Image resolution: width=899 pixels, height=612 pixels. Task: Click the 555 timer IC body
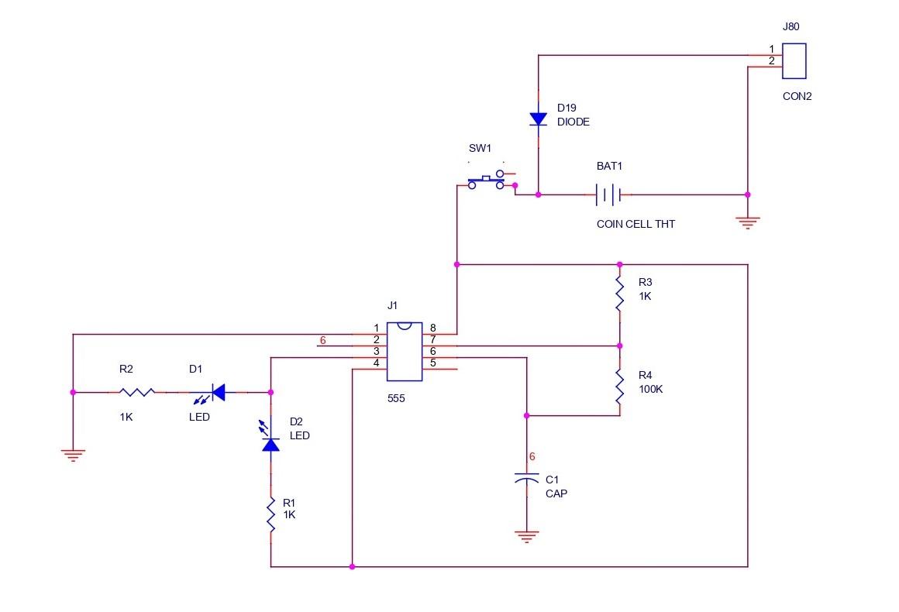pos(404,351)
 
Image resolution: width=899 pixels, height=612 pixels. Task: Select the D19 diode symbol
pos(539,119)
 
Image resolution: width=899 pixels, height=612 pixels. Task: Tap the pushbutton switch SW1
pos(487,181)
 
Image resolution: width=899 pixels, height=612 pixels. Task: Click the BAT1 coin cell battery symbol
pos(608,194)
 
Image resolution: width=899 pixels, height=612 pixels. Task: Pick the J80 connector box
pos(794,61)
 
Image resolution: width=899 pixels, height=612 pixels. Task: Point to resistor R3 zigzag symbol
pos(619,294)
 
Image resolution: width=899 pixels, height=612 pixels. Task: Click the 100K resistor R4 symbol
pos(619,387)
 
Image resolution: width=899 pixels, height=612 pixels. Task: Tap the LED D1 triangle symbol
pos(217,393)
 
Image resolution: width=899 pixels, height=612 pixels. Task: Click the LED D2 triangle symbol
pos(270,443)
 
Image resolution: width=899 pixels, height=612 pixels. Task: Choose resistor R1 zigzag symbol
pos(270,515)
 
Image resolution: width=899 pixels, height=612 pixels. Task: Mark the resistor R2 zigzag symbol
pos(136,393)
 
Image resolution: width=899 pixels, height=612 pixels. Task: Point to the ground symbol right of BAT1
pos(747,222)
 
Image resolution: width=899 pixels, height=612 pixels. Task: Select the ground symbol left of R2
pos(73,455)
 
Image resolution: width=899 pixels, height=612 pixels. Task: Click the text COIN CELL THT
pos(635,224)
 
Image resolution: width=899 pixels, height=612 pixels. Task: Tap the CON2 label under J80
pos(797,97)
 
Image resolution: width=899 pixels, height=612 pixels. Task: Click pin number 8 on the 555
pos(432,328)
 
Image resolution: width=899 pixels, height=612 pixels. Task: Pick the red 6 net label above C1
pos(532,456)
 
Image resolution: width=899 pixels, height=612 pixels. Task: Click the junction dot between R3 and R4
pos(619,346)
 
